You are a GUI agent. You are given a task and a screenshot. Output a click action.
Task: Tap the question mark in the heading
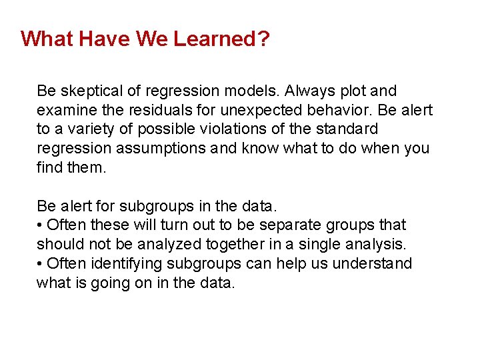[264, 39]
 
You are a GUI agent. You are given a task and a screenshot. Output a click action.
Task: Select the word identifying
[121, 264]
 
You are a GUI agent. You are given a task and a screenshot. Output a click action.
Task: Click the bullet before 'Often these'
[40, 226]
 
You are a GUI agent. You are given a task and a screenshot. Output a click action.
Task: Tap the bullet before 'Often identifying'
[40, 264]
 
